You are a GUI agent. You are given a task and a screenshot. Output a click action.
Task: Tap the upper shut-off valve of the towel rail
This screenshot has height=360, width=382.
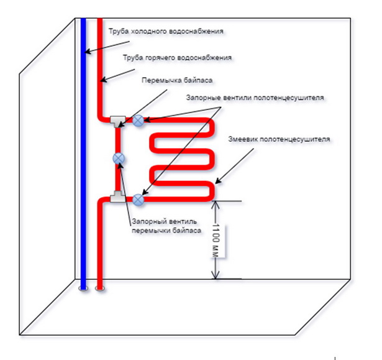coord(139,119)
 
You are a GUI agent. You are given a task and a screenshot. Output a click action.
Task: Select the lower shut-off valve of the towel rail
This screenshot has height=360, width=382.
coord(139,200)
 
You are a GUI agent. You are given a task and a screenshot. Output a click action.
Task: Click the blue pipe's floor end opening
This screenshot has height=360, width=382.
coord(83,288)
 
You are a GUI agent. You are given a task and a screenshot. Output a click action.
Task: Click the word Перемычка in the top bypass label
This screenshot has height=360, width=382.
coord(157,80)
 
